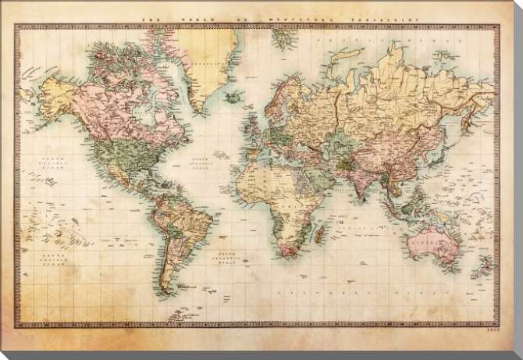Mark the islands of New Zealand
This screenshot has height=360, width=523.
[486, 269]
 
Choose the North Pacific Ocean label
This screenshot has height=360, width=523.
[50, 162]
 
